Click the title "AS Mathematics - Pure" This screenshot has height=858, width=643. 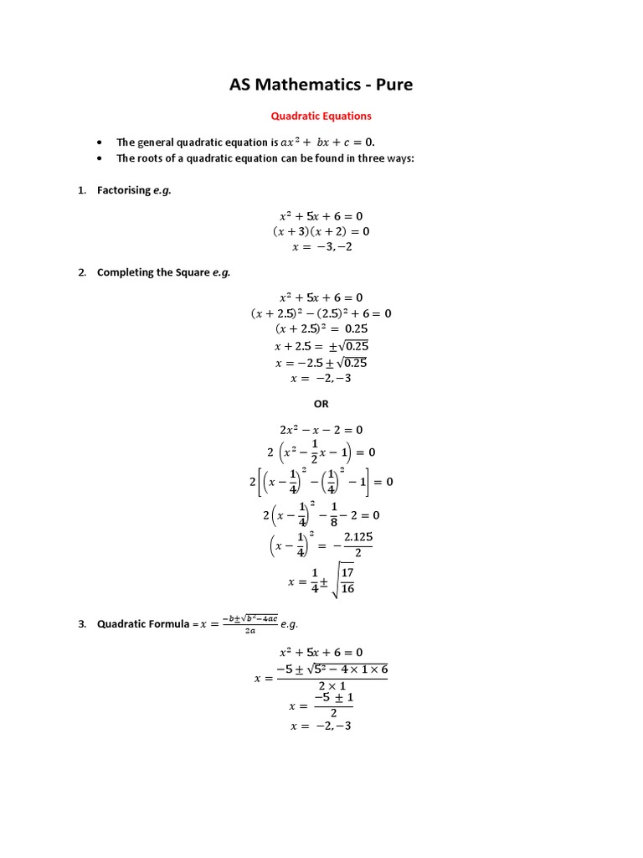321,85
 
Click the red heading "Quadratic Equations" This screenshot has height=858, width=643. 321,116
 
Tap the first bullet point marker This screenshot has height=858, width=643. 100,142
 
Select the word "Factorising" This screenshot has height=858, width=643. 124,190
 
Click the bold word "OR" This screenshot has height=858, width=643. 321,403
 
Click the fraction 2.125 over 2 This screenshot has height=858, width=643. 358,545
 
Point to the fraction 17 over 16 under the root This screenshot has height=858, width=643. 347,581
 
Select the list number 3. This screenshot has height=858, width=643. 82,623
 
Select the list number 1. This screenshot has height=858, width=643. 82,190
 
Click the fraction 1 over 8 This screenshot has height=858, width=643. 333,514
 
